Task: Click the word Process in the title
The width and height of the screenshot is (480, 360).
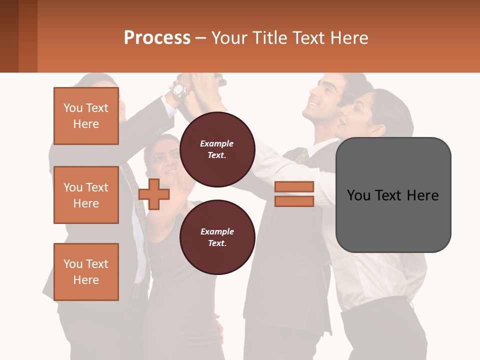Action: (157, 37)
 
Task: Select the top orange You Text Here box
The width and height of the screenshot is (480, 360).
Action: (86, 116)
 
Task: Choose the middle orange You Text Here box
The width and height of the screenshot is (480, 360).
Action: (86, 195)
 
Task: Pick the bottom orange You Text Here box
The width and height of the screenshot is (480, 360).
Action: (86, 272)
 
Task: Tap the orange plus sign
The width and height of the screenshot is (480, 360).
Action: (154, 194)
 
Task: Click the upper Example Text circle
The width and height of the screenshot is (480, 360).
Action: (217, 149)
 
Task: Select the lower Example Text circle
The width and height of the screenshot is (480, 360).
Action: (217, 237)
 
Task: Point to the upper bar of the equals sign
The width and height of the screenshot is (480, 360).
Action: (294, 186)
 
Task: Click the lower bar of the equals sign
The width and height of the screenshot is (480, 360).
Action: (294, 201)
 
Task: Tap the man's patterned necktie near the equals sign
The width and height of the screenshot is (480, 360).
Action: (302, 156)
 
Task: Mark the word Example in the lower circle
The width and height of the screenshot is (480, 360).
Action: (217, 231)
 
